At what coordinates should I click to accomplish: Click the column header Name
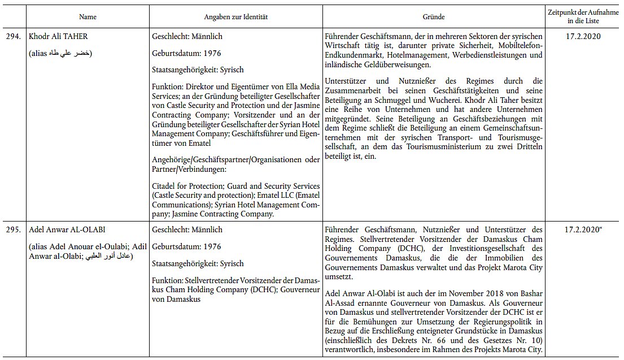[x=88, y=17]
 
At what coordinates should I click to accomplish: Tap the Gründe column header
[x=434, y=17]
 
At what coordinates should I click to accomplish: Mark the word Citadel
[x=165, y=186]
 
